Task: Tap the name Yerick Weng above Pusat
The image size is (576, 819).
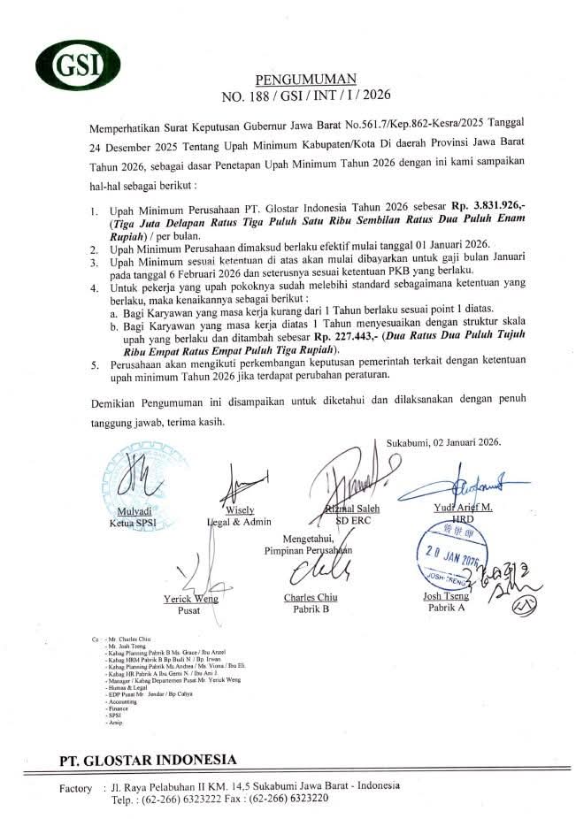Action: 190,599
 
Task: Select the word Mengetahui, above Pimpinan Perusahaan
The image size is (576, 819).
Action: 311,539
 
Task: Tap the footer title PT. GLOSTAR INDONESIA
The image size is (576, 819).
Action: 148,760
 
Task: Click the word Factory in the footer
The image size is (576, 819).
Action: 75,787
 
